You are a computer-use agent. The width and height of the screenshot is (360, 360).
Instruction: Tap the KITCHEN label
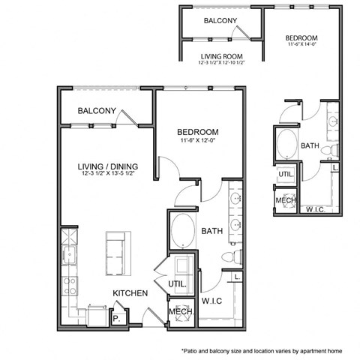pyautogui.click(x=130, y=292)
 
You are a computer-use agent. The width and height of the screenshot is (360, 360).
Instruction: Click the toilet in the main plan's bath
pyautogui.click(x=233, y=257)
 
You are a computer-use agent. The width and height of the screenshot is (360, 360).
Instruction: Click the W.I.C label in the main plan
pyautogui.click(x=214, y=301)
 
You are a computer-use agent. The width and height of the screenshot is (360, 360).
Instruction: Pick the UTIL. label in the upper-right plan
pyautogui.click(x=286, y=174)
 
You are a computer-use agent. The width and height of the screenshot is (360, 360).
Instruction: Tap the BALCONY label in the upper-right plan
pyautogui.click(x=220, y=21)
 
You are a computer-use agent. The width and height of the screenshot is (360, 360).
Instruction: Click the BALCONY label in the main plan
pyautogui.click(x=97, y=112)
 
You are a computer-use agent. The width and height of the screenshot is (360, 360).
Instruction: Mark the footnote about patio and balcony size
pyautogui.click(x=265, y=350)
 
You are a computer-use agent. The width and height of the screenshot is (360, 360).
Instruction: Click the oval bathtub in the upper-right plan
pyautogui.click(x=286, y=144)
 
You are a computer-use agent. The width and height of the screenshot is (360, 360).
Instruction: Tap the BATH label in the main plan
pyautogui.click(x=213, y=232)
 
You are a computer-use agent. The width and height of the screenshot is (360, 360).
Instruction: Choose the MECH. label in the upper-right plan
pyautogui.click(x=286, y=200)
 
